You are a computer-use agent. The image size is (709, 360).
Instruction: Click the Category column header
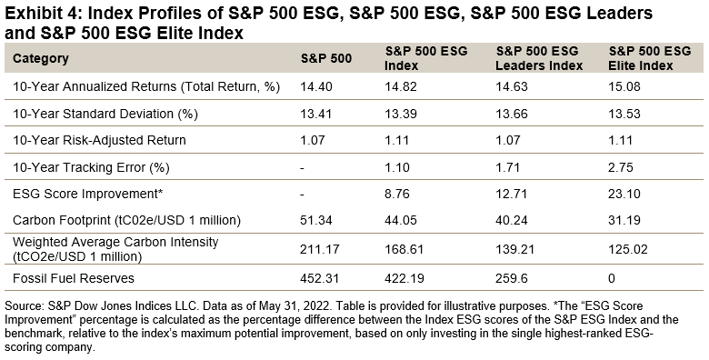(x=41, y=59)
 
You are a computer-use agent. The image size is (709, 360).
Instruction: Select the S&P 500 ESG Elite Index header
(x=648, y=59)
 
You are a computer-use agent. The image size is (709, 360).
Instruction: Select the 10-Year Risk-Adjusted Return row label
(x=98, y=140)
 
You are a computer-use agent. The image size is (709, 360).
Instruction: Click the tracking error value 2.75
(x=621, y=167)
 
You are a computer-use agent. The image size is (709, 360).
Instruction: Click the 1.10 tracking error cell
(x=401, y=167)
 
